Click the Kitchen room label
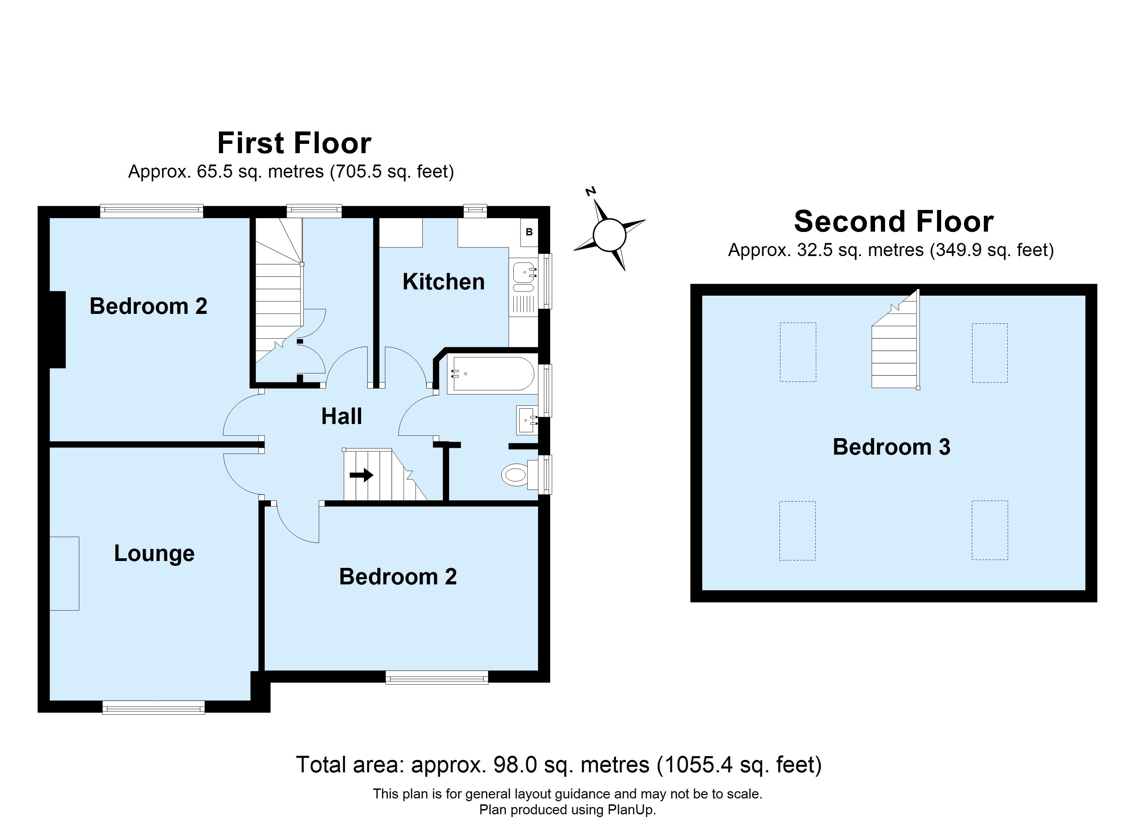coord(443,282)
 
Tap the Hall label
coord(341,416)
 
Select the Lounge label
coord(154,553)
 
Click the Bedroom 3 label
coord(891,447)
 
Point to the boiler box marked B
coord(529,232)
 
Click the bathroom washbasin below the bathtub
coord(526,420)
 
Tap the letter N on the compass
coord(591,191)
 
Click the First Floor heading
coord(294,143)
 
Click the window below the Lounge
coord(154,707)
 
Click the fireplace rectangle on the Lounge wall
coord(65,573)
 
